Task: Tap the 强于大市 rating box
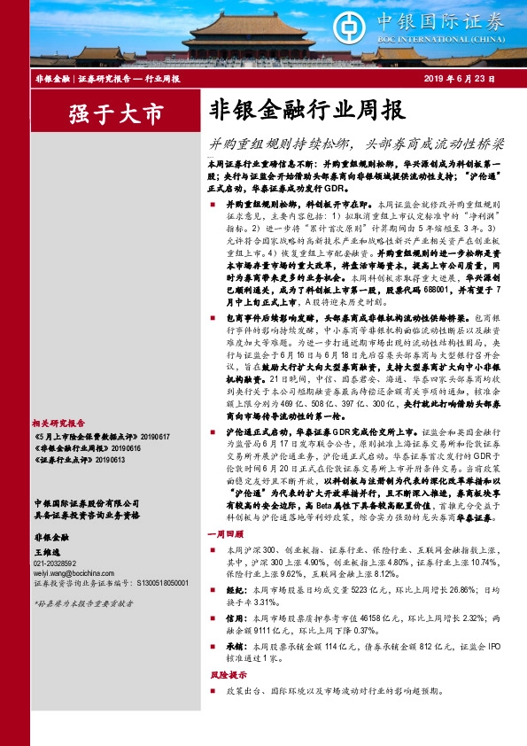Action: (x=116, y=114)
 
